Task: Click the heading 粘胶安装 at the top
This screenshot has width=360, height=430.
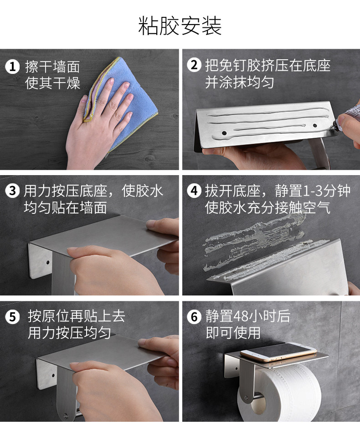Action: point(180,26)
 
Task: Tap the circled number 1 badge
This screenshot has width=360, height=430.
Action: point(12,67)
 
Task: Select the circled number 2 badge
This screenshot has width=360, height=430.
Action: point(194,66)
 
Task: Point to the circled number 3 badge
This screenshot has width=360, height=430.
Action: point(13,190)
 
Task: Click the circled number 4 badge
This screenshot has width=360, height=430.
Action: point(194,190)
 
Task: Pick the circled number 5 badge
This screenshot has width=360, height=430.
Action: point(13,317)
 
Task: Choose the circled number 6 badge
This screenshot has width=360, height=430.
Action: point(194,317)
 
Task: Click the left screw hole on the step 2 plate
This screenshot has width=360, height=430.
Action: point(224,133)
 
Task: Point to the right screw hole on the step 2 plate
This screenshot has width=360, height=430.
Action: point(315,125)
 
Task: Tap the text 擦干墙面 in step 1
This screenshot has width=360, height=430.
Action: point(52,67)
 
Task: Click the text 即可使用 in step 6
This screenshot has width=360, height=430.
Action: point(233,333)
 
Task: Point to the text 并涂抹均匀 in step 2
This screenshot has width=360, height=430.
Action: point(239,82)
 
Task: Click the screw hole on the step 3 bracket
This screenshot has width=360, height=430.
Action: point(48,263)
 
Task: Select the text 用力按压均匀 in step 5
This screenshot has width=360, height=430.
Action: point(69,333)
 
